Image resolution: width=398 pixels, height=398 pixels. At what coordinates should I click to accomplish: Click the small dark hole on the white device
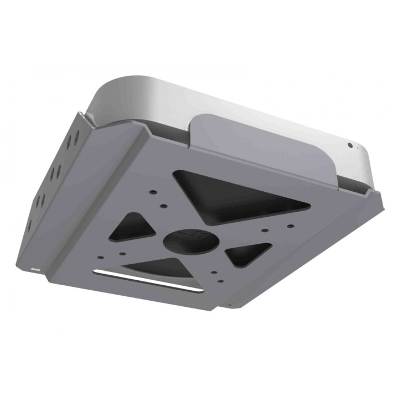(x=350, y=145)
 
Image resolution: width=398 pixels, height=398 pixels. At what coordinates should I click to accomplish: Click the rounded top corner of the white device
(x=105, y=88)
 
